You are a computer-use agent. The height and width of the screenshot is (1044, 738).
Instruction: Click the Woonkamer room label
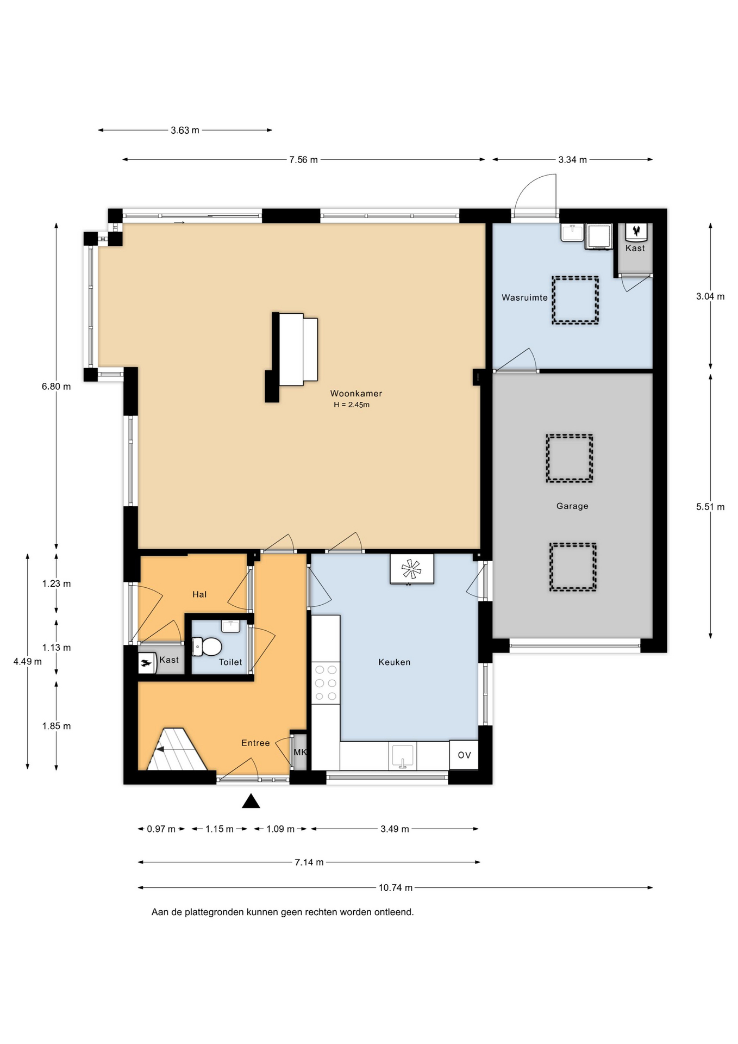356,393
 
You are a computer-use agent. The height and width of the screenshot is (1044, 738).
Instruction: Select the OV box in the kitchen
464,755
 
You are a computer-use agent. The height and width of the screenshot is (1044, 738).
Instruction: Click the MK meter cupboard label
300,752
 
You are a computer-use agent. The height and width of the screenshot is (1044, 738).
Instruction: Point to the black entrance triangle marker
251,801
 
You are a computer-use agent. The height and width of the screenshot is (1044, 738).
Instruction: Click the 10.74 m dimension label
396,887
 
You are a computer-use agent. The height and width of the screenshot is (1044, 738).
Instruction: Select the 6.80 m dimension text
57,387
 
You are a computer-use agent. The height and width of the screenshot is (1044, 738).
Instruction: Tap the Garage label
572,506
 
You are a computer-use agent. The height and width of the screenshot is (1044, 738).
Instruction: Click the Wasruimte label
524,297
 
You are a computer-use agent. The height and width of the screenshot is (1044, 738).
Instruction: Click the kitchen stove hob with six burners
326,683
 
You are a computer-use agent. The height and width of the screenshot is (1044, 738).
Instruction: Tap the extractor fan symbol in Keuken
411,569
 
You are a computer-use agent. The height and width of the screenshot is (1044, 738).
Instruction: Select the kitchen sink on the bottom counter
402,756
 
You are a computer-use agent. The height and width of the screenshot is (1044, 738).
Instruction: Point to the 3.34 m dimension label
572,160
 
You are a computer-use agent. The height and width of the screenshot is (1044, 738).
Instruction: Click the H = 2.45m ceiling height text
352,405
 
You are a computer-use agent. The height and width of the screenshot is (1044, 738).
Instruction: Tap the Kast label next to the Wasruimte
635,248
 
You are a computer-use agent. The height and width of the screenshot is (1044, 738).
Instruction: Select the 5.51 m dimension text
710,507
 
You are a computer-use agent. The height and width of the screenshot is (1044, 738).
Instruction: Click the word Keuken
395,662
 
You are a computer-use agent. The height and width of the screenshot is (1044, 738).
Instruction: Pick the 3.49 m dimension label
395,829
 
